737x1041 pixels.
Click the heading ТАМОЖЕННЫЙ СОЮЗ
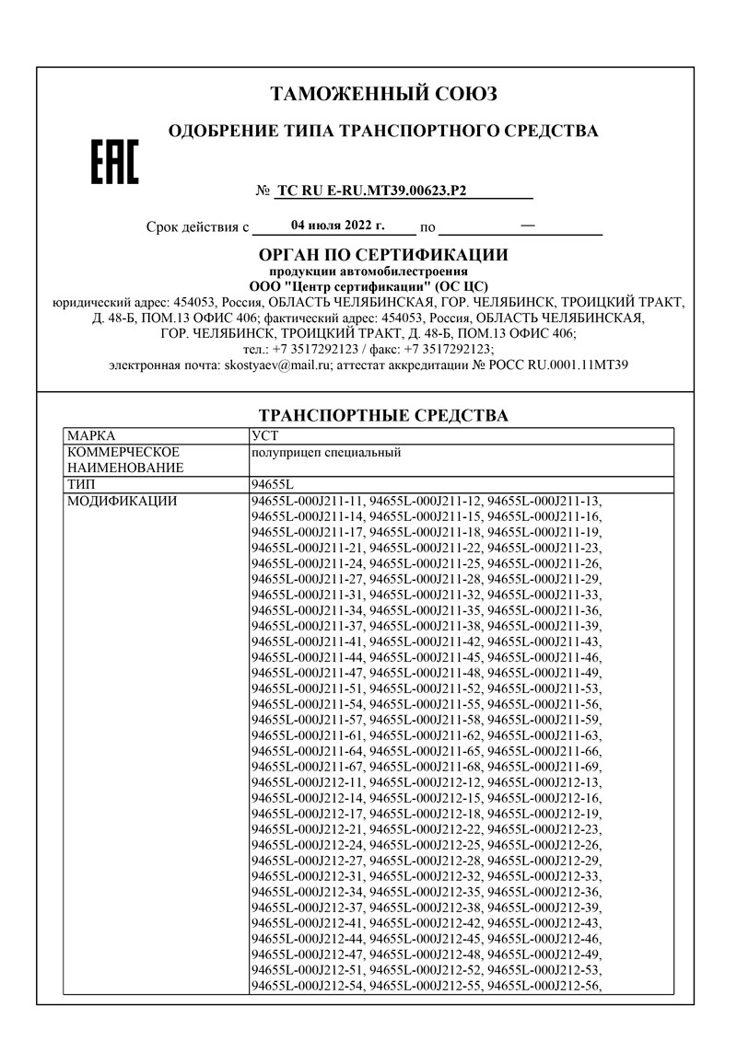tap(383, 94)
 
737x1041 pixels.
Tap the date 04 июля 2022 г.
tap(337, 225)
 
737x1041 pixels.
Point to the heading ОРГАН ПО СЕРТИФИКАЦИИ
tap(383, 255)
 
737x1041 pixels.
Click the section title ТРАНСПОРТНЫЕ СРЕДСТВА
tap(383, 416)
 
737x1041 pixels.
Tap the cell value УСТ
tap(264, 435)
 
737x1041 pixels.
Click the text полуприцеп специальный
tap(326, 452)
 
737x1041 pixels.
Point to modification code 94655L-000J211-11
tap(308, 502)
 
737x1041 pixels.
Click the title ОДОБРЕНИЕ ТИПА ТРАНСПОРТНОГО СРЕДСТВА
tap(383, 132)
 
